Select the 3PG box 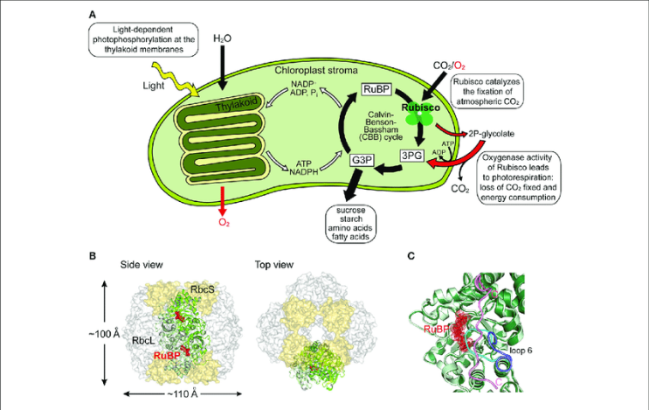click(x=411, y=155)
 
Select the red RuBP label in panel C click(x=437, y=330)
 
